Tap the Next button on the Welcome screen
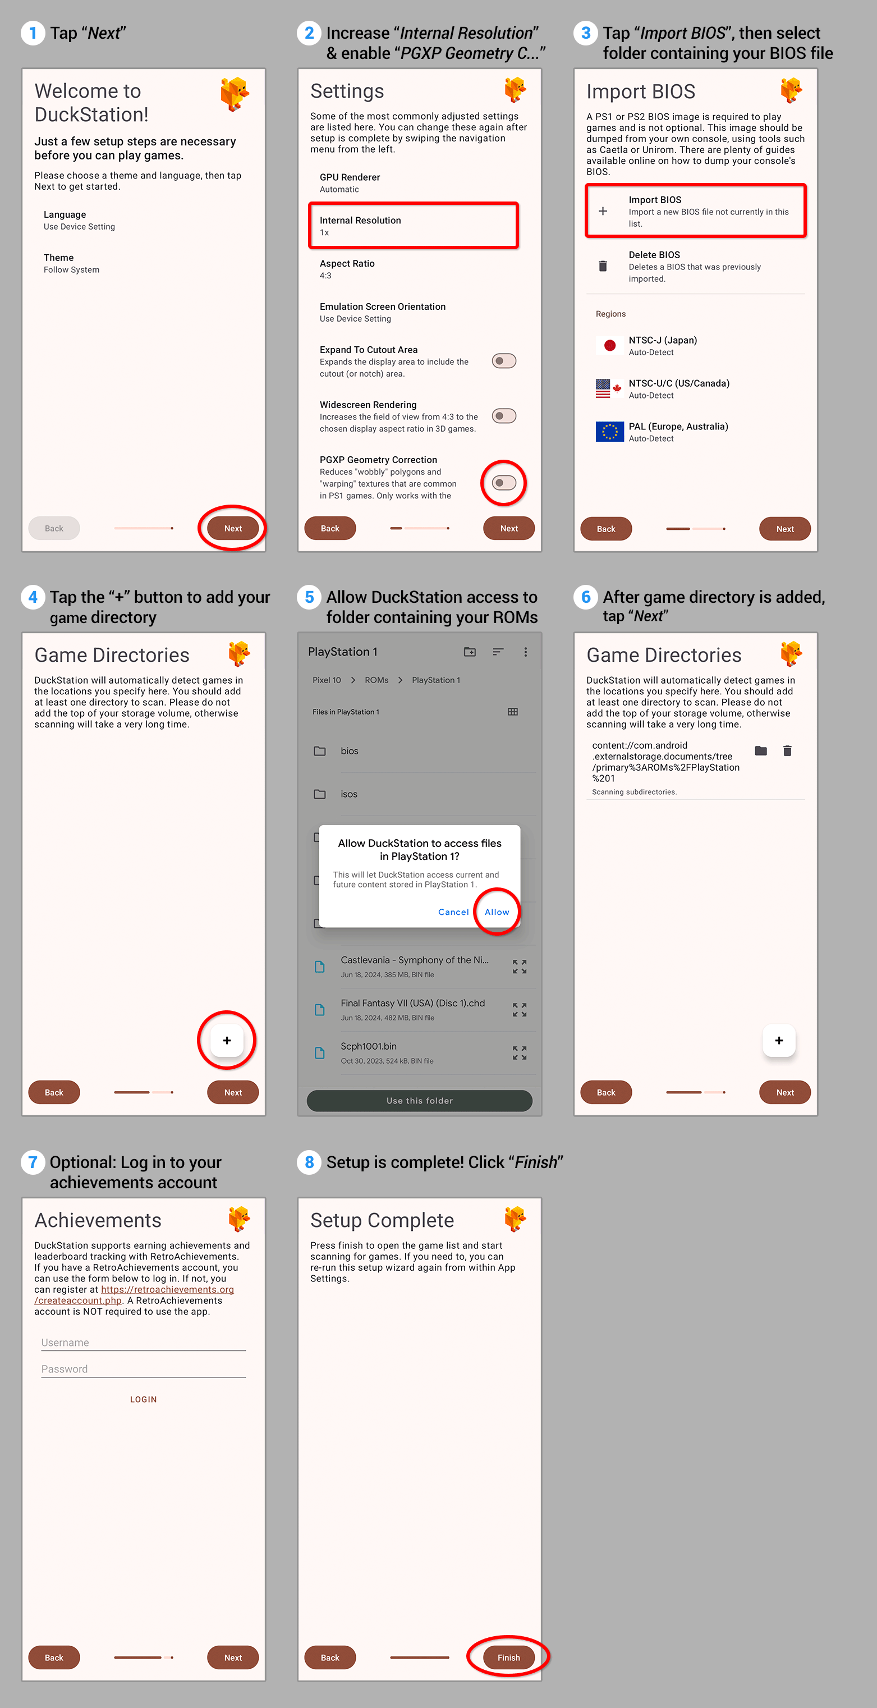coord(233,528)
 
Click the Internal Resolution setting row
coord(413,226)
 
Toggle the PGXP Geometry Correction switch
coord(504,483)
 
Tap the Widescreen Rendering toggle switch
coord(504,416)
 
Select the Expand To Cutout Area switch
coord(504,361)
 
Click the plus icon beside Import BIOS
coord(603,211)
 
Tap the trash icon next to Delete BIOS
coord(603,266)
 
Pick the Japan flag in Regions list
coord(609,345)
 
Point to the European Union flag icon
coord(609,432)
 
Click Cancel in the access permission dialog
coord(453,912)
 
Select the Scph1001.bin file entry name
coord(369,1046)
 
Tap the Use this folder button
coord(420,1101)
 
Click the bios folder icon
coord(319,750)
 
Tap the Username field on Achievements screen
coord(143,1343)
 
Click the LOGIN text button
coord(143,1399)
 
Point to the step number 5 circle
coord(309,597)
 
